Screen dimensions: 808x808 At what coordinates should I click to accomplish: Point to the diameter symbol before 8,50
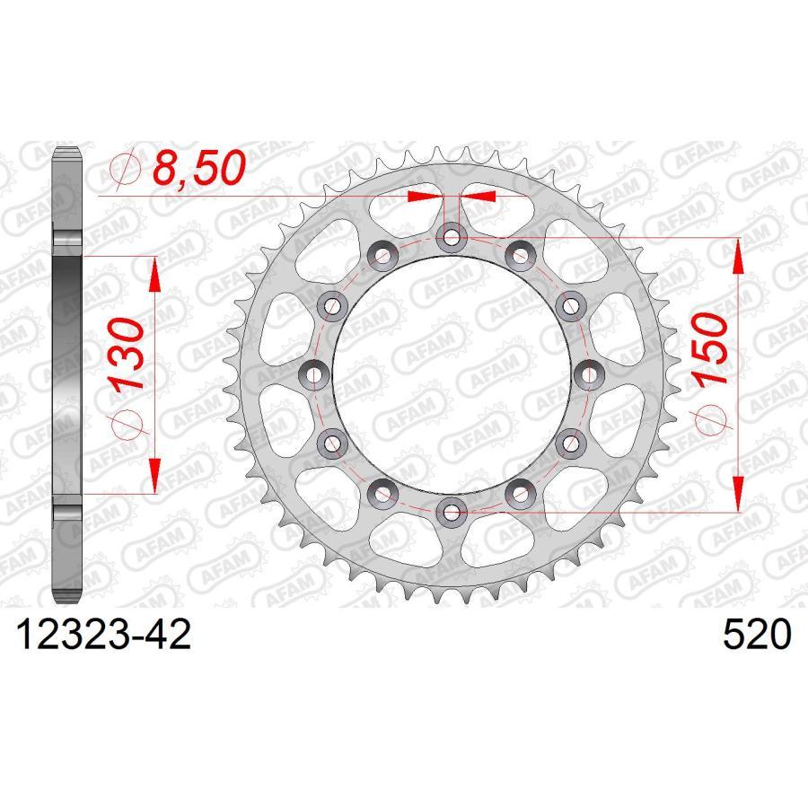[x=123, y=168]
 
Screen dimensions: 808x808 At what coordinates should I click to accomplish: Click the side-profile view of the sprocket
[x=70, y=374]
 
